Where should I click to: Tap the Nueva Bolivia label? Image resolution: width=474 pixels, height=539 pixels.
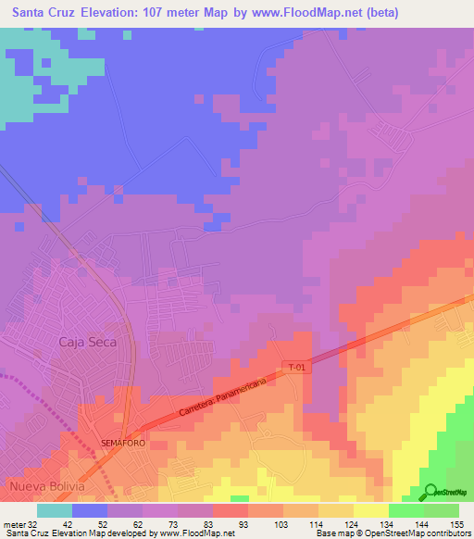point(47,486)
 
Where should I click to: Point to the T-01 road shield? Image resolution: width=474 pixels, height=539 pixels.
point(295,367)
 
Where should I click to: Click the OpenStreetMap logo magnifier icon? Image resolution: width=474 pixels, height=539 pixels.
point(430,490)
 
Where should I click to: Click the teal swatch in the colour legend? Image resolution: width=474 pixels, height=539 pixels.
point(55,510)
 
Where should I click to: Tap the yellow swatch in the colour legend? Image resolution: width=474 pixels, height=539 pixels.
point(370,510)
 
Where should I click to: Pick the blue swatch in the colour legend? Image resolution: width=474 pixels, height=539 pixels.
point(90,510)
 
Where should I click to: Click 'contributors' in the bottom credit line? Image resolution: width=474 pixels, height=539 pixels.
point(444,533)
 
